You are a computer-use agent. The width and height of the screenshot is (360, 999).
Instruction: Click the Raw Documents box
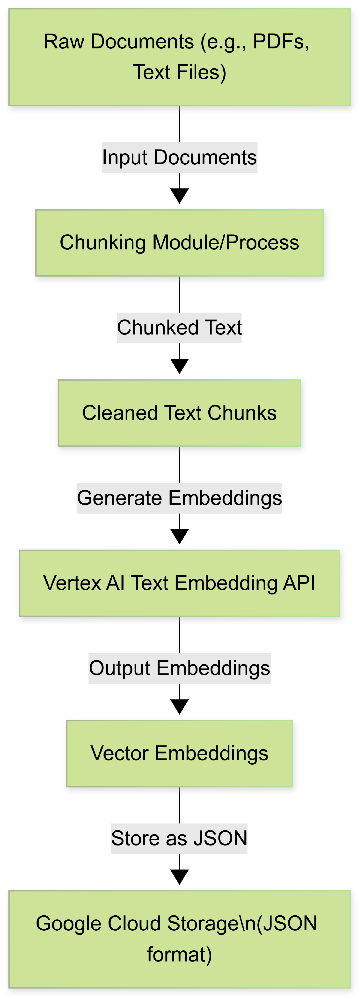180,57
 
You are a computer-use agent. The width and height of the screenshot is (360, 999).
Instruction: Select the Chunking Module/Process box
180,243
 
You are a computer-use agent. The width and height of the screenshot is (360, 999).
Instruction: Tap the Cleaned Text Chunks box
180,413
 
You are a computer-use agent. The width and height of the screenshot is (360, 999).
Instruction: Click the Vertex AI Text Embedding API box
180,583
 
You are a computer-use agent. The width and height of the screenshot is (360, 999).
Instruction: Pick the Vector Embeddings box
180,754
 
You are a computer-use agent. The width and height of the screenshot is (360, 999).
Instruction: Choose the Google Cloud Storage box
180,939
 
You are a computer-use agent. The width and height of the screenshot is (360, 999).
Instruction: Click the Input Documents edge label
180,157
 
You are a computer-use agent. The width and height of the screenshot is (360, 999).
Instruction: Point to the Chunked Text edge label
180,328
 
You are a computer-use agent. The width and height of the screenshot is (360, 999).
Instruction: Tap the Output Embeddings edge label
180,668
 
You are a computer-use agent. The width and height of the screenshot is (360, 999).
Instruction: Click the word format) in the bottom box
180,955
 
